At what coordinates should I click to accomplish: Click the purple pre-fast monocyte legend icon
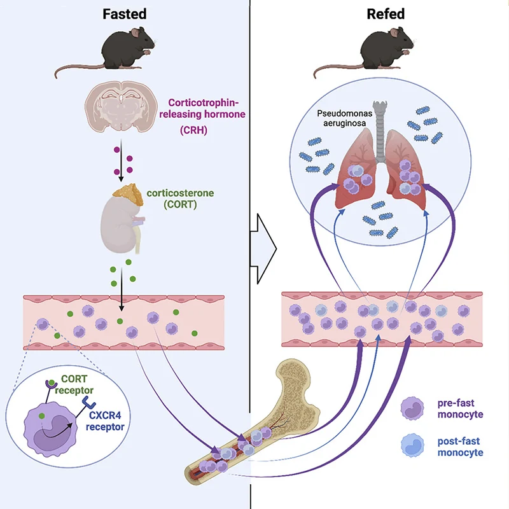click(414, 408)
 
